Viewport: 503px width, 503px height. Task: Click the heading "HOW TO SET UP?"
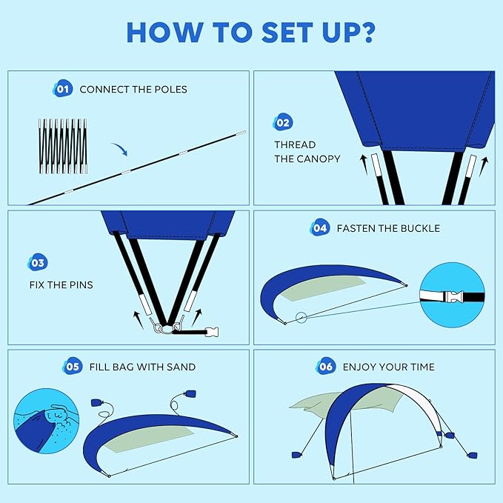251,32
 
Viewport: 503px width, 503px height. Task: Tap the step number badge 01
62,89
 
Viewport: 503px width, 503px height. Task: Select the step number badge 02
282,122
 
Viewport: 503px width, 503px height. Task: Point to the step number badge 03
37,263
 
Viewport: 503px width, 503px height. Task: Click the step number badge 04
319,228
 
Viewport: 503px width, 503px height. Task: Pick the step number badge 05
72,366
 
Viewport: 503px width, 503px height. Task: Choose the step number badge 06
326,366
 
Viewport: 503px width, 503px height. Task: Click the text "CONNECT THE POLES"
133,90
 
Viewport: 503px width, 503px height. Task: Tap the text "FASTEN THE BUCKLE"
388,228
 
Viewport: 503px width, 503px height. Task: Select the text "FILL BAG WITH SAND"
142,367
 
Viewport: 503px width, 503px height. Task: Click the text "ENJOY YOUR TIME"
388,367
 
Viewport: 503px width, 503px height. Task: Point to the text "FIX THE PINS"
61,284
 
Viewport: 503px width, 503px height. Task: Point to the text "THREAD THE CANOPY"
307,152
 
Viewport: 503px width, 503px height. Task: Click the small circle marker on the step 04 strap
300,319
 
